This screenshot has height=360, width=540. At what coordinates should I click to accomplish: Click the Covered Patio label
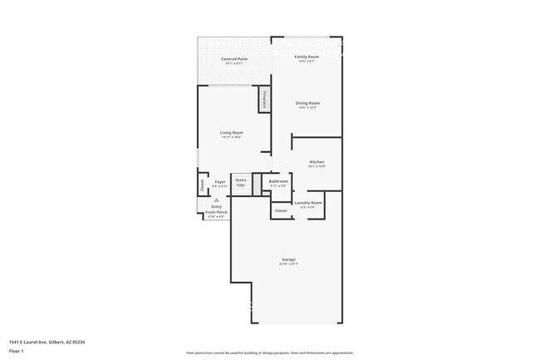pyautogui.click(x=234, y=59)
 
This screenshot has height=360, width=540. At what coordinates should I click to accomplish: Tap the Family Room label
pyautogui.click(x=307, y=57)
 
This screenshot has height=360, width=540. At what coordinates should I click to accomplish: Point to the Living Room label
pyautogui.click(x=231, y=132)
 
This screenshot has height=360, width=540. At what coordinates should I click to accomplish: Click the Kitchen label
pyautogui.click(x=317, y=161)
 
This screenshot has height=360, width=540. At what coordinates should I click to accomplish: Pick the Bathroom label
pyautogui.click(x=278, y=181)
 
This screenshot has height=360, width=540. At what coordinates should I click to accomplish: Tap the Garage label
pyautogui.click(x=288, y=259)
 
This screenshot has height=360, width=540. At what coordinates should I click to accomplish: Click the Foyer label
pyautogui.click(x=220, y=181)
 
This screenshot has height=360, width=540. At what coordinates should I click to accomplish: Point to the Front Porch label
pyautogui.click(x=217, y=212)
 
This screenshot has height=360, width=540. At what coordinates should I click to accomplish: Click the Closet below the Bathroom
pyautogui.click(x=281, y=210)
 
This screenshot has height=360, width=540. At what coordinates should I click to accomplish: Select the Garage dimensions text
pyautogui.click(x=288, y=264)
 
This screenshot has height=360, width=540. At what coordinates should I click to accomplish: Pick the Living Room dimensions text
pyautogui.click(x=231, y=137)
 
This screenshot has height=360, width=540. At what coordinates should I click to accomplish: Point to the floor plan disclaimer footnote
pyautogui.click(x=270, y=353)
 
